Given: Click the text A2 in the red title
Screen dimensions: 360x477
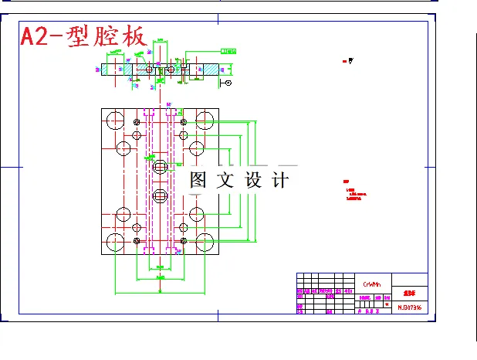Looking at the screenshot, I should (x=35, y=36).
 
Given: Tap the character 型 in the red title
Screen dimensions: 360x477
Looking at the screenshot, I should (x=79, y=36).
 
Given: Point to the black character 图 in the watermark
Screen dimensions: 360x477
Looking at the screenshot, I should (x=199, y=180).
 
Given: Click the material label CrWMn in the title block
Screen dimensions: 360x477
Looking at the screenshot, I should (x=371, y=284).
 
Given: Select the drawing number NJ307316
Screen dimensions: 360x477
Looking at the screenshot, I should (x=409, y=307).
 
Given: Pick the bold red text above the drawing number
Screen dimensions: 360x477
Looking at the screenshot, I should (x=409, y=294).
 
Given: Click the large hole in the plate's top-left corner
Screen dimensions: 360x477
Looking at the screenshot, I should (x=115, y=120).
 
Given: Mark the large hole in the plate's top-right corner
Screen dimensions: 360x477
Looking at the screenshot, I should (x=205, y=120).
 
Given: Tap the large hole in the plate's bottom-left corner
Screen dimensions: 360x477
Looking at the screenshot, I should (x=115, y=243).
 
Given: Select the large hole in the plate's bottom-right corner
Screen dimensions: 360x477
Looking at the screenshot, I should (x=205, y=243).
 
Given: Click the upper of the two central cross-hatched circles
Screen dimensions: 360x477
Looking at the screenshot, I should (x=160, y=166).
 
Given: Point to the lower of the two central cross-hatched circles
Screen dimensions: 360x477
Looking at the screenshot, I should (x=160, y=195).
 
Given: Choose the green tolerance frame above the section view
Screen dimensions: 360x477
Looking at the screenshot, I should (x=229, y=50).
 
